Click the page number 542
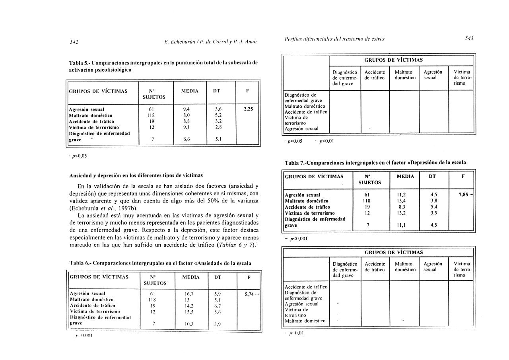coord(74,42)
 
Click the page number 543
coord(469,39)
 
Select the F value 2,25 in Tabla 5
coord(248,109)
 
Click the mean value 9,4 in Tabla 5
coord(186,109)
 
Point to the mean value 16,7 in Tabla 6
coord(189,294)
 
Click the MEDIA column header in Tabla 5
coord(190,91)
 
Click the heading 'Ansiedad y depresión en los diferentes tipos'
coord(136,175)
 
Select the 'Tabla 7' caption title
coord(375,162)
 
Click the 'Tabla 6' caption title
coord(160,263)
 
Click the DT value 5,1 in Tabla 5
coord(218,140)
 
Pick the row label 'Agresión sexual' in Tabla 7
coord(303,195)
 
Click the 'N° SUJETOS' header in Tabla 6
coord(157,280)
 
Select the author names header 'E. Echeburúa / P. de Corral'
coord(211,42)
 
